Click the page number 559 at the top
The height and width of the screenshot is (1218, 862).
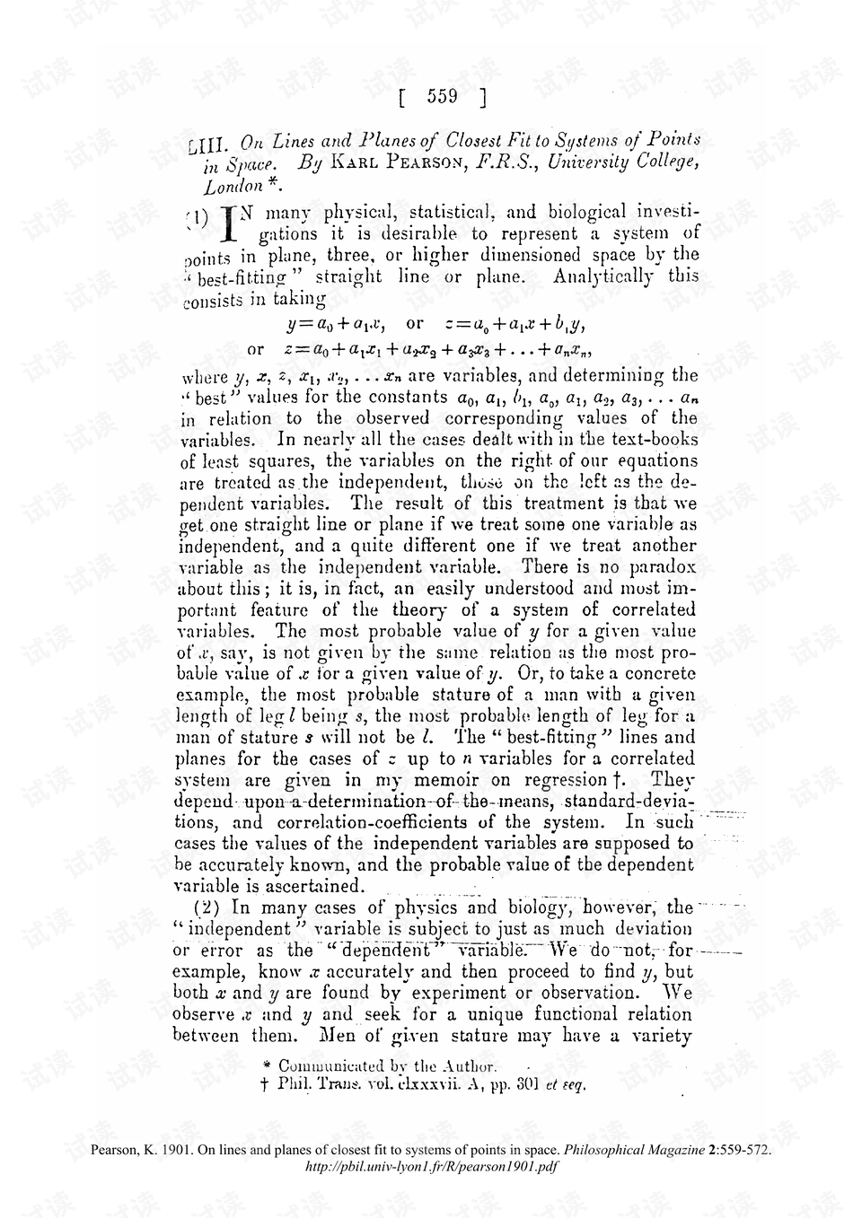(x=443, y=97)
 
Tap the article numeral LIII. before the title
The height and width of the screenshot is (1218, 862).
(x=211, y=145)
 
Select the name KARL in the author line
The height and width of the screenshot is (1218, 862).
(x=331, y=163)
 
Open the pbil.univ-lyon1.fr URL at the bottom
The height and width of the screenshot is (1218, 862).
(x=432, y=1166)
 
